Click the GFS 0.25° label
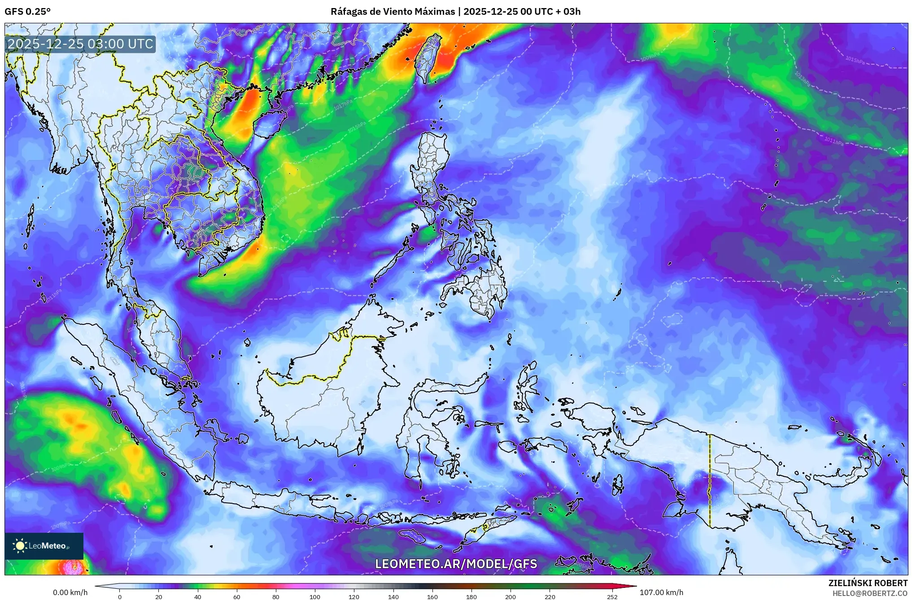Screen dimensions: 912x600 point(27,12)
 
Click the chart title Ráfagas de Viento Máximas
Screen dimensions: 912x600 point(393,12)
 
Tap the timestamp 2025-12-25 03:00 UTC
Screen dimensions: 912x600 point(80,44)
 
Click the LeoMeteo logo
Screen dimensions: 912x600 point(44,546)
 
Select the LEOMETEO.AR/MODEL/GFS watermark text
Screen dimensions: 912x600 point(456,564)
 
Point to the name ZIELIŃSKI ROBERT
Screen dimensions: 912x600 point(868,583)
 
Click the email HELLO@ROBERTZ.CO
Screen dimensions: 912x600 point(870,593)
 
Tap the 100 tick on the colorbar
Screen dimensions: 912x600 point(315,596)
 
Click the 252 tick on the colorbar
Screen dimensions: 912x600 point(612,596)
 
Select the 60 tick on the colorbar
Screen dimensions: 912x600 point(236,596)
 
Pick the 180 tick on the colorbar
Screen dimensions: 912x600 point(471,596)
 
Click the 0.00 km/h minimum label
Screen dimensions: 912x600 point(70,592)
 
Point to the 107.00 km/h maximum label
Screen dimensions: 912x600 point(661,592)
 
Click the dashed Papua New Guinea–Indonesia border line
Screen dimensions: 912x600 point(710,479)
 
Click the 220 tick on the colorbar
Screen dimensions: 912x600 point(550,596)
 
